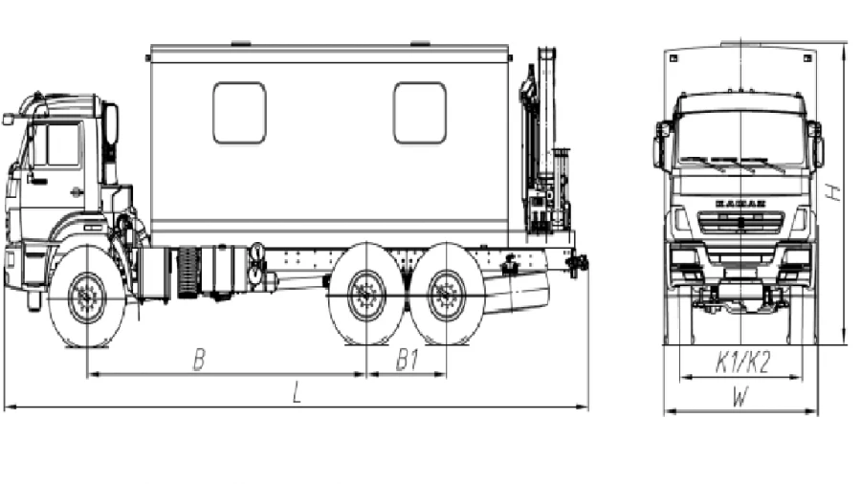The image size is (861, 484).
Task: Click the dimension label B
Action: pos(199,360)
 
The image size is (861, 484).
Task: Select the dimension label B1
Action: pos(408,360)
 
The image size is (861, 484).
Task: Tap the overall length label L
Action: pos(298,394)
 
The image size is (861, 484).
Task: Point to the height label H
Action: pos(834,191)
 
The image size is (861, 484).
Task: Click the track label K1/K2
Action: pos(742,363)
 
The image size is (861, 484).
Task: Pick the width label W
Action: pos(740,398)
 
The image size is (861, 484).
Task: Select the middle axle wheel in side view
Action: pos(366,296)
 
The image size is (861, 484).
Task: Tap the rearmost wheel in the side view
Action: pos(447,296)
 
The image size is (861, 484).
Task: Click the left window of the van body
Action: pos(239,113)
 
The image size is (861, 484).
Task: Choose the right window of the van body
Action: pos(419,113)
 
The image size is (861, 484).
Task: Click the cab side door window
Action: pos(56,144)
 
